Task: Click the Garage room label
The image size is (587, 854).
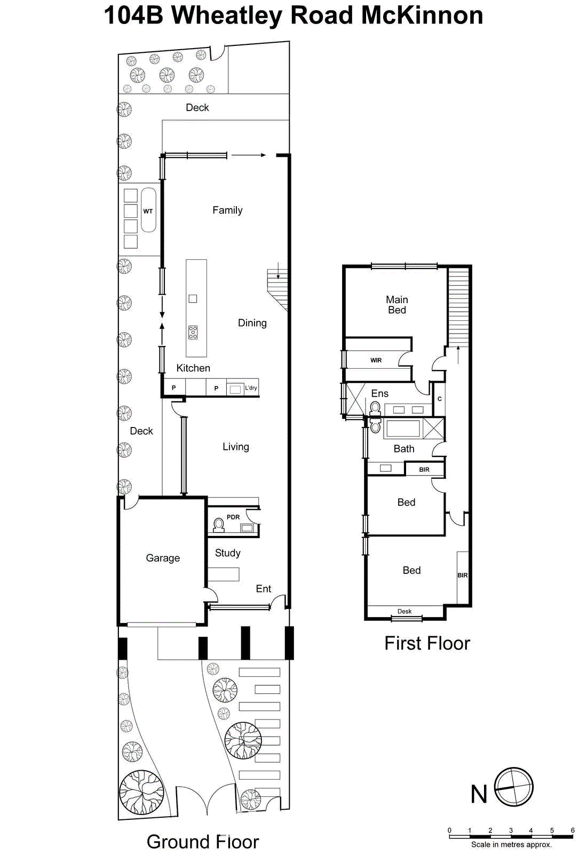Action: coord(163,558)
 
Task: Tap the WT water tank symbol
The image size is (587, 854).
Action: coord(148,210)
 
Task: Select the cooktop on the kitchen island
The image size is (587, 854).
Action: coord(193,333)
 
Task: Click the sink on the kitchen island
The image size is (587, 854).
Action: coord(193,299)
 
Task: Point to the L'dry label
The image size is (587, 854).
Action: coord(251,388)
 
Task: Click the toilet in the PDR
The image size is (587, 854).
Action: coord(218,526)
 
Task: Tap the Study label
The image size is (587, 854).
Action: coord(227,553)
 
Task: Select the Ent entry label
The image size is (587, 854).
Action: coord(264,589)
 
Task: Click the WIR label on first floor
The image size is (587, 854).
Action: coord(376,360)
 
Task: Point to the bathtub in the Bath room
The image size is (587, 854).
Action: coord(403,429)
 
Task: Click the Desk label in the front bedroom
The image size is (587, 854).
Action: coord(404,612)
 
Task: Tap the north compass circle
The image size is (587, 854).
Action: coord(513,788)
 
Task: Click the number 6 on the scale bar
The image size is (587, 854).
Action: coord(573,831)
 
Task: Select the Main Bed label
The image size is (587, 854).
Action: coord(396,305)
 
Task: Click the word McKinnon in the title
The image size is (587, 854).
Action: coord(422,15)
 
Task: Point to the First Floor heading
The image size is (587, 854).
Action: coord(427,644)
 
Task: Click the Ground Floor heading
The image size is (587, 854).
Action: coord(203,842)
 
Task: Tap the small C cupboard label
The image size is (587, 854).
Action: coord(440,399)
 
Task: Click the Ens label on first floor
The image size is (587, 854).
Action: coord(380,393)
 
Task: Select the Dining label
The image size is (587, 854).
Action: coord(252,323)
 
